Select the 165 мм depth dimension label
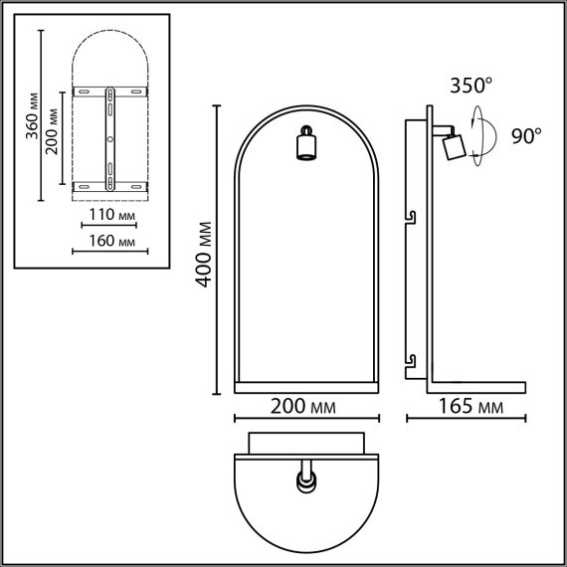click(x=469, y=408)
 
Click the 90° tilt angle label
click(x=526, y=136)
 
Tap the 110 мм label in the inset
click(x=112, y=214)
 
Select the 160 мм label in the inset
click(x=112, y=241)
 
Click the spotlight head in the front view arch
click(x=306, y=146)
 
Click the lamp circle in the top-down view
click(x=305, y=482)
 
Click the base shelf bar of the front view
click(x=306, y=382)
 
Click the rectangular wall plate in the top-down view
click(x=306, y=443)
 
